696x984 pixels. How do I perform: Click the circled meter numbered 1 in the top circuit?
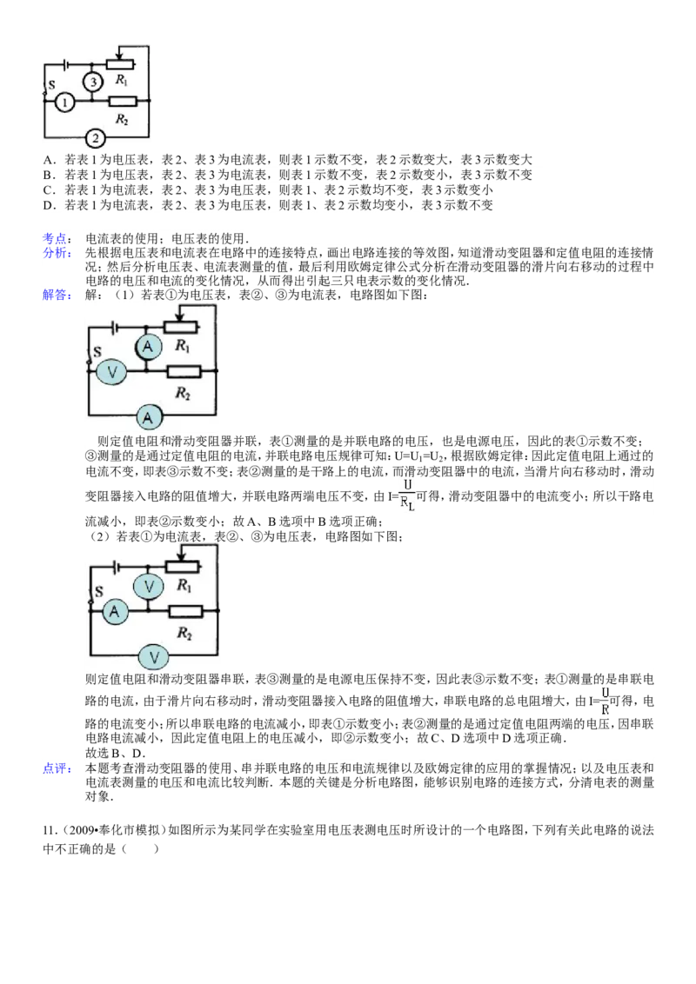coord(64,102)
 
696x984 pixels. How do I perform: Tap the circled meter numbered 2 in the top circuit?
coord(95,137)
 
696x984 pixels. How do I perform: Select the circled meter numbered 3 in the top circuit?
coord(93,82)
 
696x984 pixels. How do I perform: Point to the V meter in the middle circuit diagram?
coord(112,372)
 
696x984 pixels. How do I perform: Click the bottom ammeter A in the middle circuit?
coord(148,416)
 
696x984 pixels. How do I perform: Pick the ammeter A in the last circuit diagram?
coord(114,611)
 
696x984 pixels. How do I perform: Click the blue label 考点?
coord(56,238)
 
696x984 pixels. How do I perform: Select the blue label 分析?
coord(56,253)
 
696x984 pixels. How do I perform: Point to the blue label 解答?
coord(56,295)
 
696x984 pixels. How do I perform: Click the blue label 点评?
coord(56,768)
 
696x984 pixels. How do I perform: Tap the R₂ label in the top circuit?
coord(121,119)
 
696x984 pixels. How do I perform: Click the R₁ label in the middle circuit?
coord(182,346)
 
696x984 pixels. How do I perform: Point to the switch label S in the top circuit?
coord(51,84)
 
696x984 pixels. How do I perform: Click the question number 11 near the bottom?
coord(49,830)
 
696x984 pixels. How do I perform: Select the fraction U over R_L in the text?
coord(408,495)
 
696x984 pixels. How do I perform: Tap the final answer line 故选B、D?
coord(115,753)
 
